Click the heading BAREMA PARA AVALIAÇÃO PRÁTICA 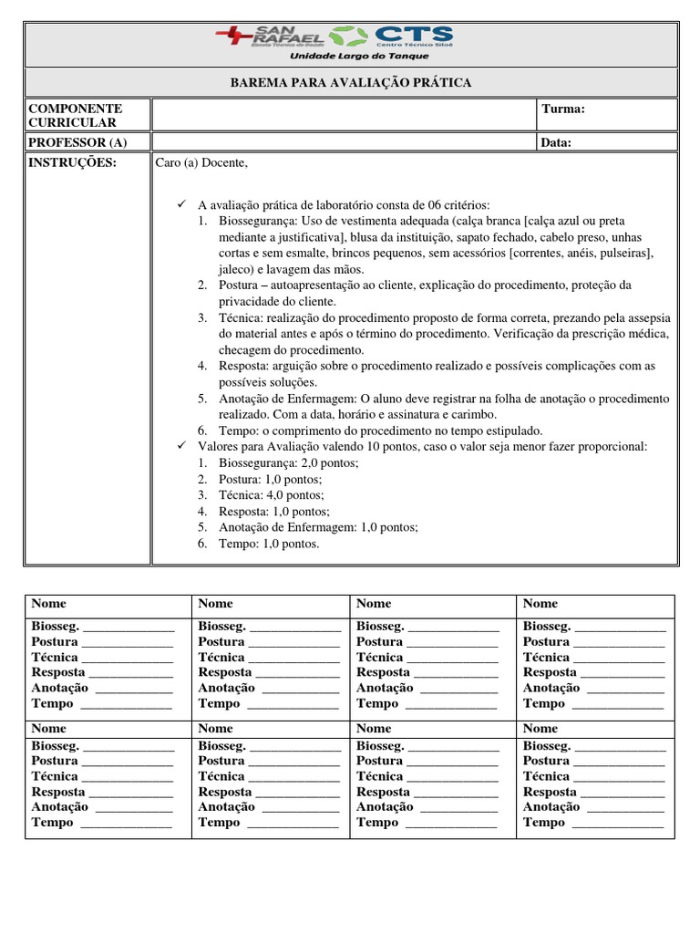tap(351, 83)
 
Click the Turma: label tap(563, 109)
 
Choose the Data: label tap(557, 142)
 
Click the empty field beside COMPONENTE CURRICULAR tap(345, 115)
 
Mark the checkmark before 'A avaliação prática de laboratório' tap(180, 204)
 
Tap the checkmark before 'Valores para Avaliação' tap(180, 446)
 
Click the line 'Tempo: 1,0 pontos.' tap(269, 544)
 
